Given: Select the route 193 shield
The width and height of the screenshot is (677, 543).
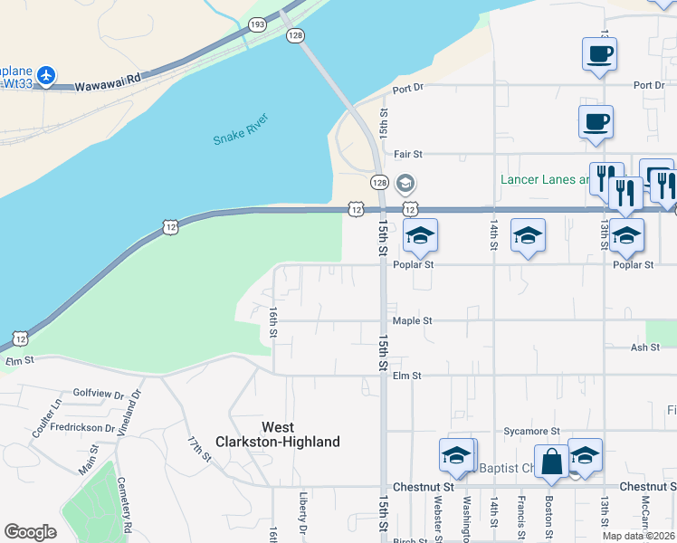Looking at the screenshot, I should click(258, 24).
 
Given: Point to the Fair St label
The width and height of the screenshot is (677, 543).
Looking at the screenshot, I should click(408, 155).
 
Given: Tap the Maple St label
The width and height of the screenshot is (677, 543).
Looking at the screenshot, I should click(412, 320).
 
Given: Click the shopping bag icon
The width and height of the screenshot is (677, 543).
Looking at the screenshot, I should click(550, 461).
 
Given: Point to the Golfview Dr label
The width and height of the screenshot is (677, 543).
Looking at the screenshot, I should click(98, 394).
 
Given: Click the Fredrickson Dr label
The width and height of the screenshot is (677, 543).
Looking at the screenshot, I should click(82, 426).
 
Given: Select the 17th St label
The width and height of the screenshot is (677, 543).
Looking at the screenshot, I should click(199, 450).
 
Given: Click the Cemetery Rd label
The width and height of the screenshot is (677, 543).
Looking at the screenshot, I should click(129, 515).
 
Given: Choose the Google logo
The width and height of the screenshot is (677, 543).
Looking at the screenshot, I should click(31, 531).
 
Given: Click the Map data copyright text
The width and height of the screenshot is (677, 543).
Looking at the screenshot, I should click(638, 536).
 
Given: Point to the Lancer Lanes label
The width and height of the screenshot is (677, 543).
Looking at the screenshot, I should click(542, 179).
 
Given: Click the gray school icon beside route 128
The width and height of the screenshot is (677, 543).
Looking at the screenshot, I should click(405, 183).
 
